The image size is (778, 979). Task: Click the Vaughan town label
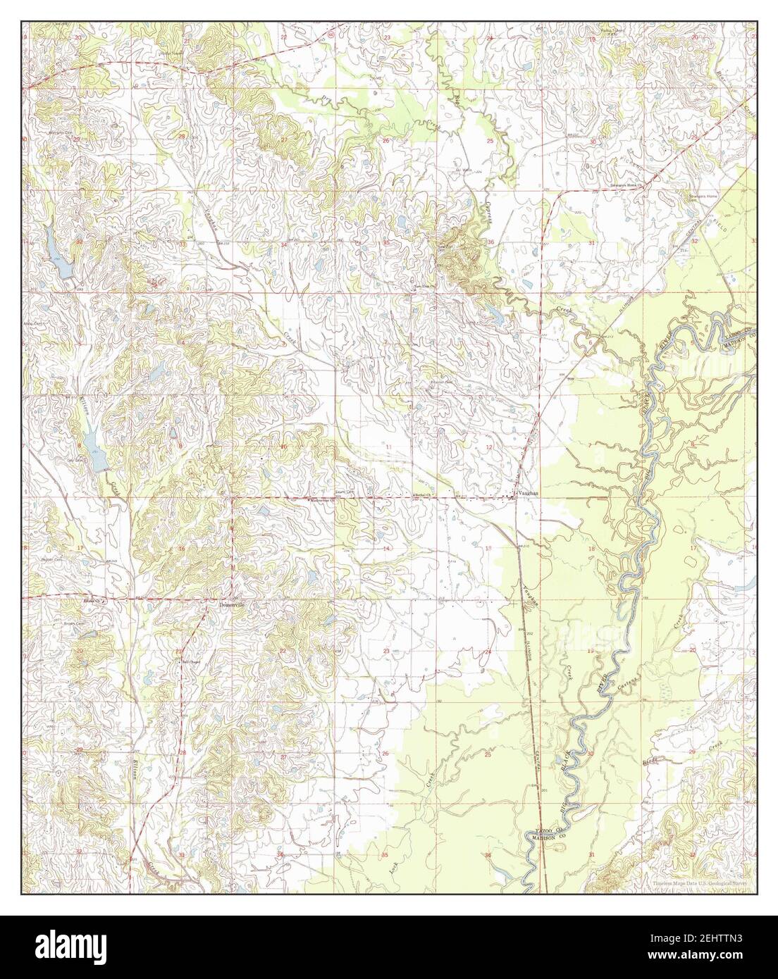coord(528,494)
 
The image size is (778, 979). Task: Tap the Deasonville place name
coord(230,605)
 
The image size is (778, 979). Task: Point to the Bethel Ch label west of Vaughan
coord(423,495)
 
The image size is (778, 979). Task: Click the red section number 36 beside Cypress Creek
coord(490,242)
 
